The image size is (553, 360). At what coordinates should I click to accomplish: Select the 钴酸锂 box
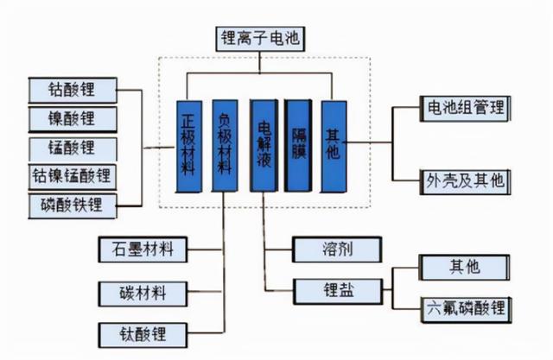(x=73, y=89)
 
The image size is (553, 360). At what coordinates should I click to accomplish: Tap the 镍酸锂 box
(x=73, y=117)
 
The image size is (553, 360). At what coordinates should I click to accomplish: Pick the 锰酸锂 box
(x=73, y=147)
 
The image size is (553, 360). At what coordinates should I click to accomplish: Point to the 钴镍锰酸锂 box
(x=73, y=175)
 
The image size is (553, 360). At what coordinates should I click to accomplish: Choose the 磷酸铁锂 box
(x=73, y=205)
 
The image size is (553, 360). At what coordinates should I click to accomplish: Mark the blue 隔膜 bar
(x=297, y=146)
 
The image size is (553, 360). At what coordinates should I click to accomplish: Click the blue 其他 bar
(x=333, y=144)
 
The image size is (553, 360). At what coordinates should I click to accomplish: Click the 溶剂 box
(x=336, y=249)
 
